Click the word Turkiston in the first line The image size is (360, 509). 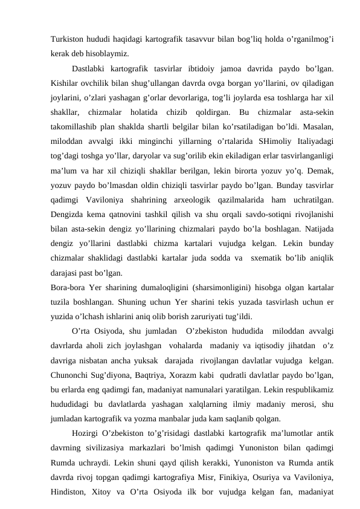pos(68,39)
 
